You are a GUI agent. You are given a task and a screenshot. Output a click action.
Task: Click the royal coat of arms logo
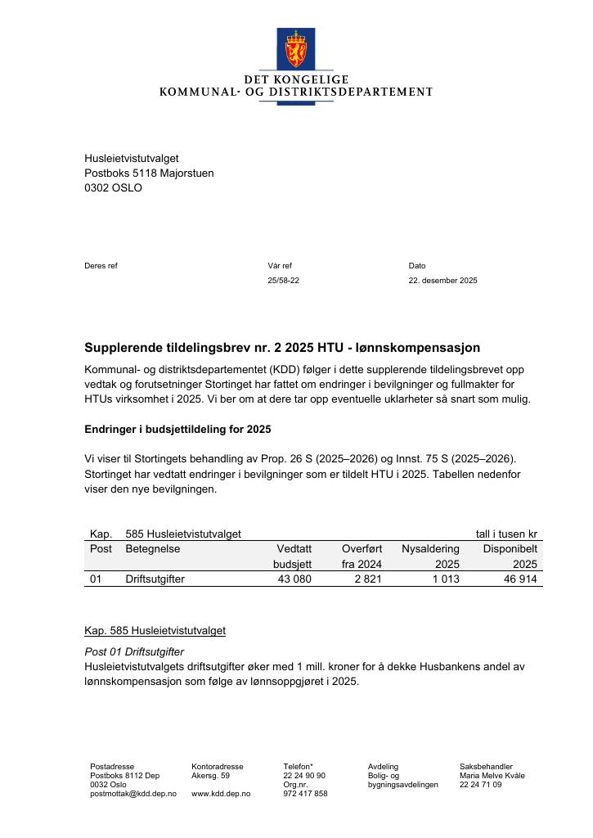(296, 51)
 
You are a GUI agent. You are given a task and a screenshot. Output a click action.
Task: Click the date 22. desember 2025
(443, 281)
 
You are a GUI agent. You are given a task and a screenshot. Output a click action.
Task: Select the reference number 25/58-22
(283, 281)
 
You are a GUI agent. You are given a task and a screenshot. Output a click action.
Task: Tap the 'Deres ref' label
(101, 266)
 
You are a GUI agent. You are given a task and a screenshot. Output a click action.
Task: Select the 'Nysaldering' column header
(430, 549)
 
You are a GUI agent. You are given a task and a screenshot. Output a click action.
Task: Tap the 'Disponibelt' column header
(510, 549)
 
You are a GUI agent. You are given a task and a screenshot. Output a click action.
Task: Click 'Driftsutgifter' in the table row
(155, 579)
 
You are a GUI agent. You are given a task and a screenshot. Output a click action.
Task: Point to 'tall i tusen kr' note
(507, 534)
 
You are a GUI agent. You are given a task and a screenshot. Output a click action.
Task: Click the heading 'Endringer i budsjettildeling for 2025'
(177, 430)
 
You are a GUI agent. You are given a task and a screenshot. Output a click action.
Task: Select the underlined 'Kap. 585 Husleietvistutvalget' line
(155, 631)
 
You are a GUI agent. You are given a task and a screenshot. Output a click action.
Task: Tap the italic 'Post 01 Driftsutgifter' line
(134, 652)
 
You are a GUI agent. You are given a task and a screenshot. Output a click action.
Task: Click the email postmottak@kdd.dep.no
(133, 794)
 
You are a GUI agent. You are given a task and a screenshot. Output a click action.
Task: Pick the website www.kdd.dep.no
(221, 794)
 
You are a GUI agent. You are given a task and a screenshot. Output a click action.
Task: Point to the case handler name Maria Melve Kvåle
(492, 776)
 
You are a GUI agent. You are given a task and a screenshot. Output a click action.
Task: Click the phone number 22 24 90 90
(304, 776)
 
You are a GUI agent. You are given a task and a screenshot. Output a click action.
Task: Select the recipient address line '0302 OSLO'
(113, 188)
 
